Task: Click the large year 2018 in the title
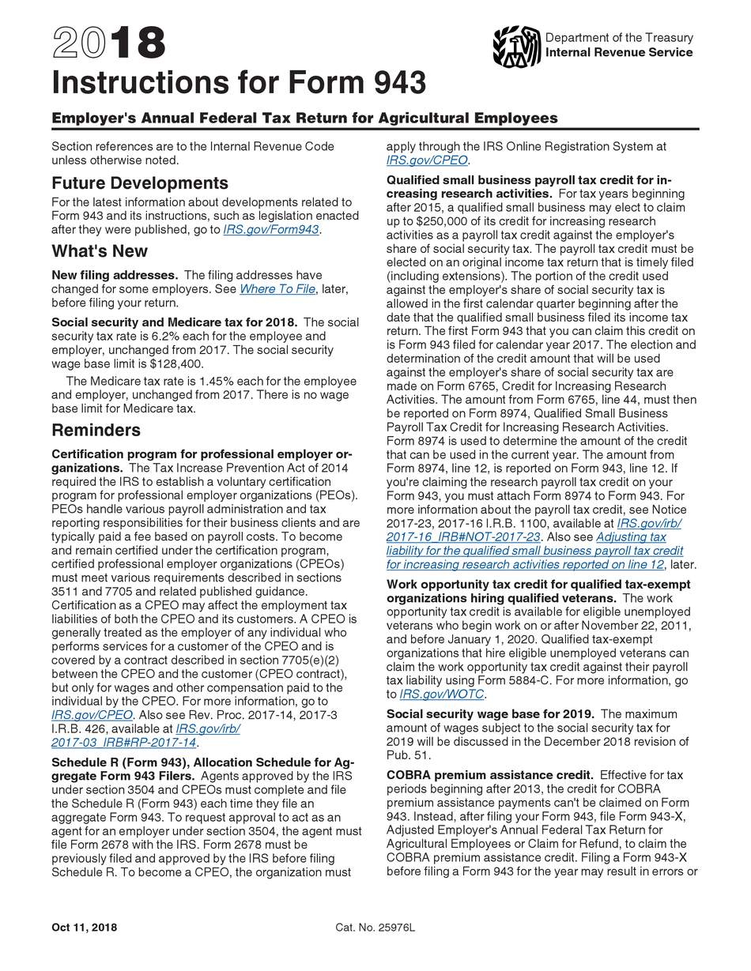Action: coord(109,43)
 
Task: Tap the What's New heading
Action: coord(100,251)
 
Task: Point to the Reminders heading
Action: coord(96,430)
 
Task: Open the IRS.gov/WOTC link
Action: coord(443,694)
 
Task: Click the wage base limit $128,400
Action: coord(176,363)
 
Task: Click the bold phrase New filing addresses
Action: coord(115,275)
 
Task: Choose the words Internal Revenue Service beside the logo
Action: coord(619,52)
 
